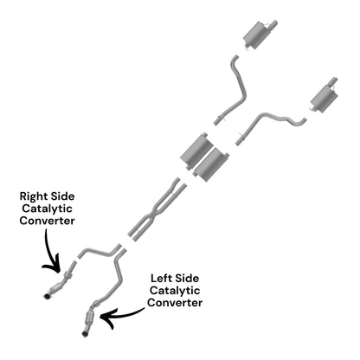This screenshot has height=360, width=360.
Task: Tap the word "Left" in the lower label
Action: click(161, 279)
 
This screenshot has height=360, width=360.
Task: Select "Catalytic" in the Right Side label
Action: click(47, 209)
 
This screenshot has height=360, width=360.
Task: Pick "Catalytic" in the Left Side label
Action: click(175, 291)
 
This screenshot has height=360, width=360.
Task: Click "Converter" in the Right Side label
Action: click(47, 221)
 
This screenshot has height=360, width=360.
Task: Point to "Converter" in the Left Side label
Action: click(175, 303)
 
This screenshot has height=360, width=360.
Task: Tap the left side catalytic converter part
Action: click(92, 318)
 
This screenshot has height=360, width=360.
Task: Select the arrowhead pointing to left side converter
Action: click(106, 318)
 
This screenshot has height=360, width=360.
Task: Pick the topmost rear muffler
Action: click(258, 35)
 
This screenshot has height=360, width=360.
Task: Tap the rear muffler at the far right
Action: click(323, 95)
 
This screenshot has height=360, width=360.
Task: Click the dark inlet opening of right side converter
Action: click(47, 296)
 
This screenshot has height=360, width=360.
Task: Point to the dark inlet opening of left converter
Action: click(85, 334)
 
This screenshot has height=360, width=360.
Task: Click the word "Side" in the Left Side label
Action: click(187, 279)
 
